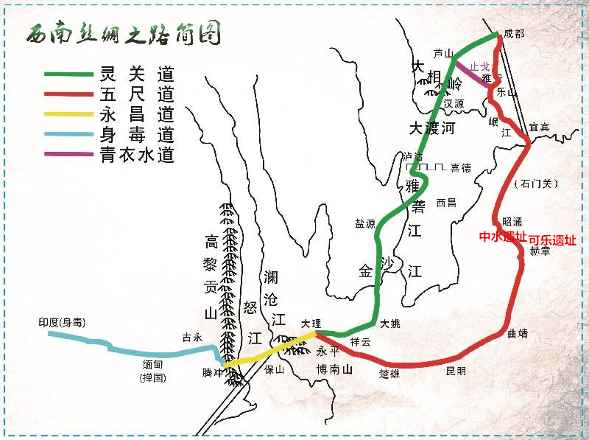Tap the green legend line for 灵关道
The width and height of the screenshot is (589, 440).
(x=67, y=74)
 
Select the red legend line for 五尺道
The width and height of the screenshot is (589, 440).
(x=67, y=94)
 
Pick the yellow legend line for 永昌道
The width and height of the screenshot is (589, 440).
(x=67, y=115)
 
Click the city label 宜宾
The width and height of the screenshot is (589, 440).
(x=540, y=128)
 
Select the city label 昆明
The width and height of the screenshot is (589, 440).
(x=456, y=371)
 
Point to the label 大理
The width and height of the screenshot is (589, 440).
(x=312, y=324)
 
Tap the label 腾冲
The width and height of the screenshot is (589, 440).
(x=213, y=373)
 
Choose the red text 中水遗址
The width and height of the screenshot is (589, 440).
(x=503, y=237)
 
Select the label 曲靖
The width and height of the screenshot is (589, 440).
(x=518, y=333)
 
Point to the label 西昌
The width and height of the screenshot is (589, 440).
(x=446, y=202)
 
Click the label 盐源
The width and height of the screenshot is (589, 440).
(x=365, y=223)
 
